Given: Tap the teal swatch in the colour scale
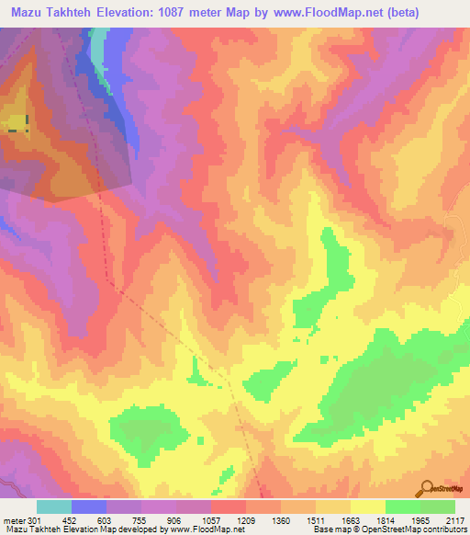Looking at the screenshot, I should [x=53, y=507].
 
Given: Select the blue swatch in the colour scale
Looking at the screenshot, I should [x=88, y=507].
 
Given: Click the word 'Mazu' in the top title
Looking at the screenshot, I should [x=28, y=13].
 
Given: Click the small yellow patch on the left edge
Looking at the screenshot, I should [x=16, y=125].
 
